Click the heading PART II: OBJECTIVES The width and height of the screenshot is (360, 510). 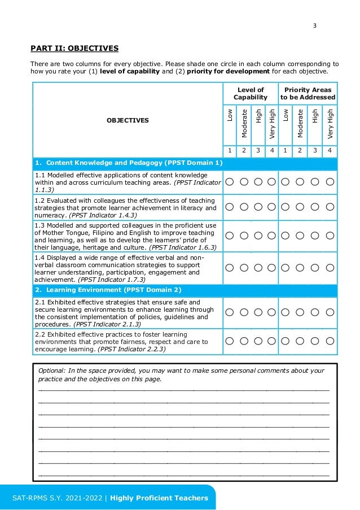tap(74, 48)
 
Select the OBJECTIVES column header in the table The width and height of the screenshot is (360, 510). tap(128, 120)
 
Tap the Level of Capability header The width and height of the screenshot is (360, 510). tap(251, 94)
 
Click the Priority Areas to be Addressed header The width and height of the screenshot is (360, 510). tap(308, 94)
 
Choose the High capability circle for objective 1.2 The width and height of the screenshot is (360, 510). tap(258, 208)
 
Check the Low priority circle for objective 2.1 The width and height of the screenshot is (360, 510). tap(286, 313)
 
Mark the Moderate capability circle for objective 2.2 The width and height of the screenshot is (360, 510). tap(244, 341)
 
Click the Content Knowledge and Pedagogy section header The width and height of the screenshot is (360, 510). tap(129, 163)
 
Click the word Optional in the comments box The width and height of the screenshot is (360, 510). tap(51, 370)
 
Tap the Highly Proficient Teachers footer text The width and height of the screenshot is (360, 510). tap(159, 498)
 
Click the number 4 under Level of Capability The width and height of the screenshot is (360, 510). tap(272, 151)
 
